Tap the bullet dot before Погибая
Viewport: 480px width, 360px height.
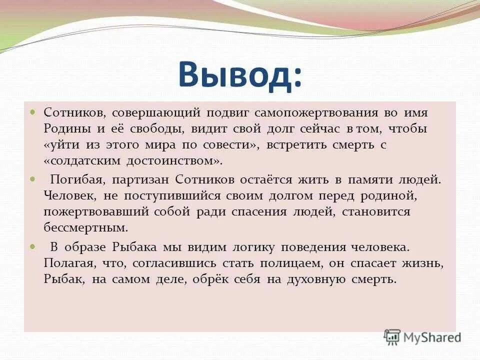[33, 178]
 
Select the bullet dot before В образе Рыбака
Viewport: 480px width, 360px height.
[33, 246]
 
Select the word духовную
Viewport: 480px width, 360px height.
[327, 279]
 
